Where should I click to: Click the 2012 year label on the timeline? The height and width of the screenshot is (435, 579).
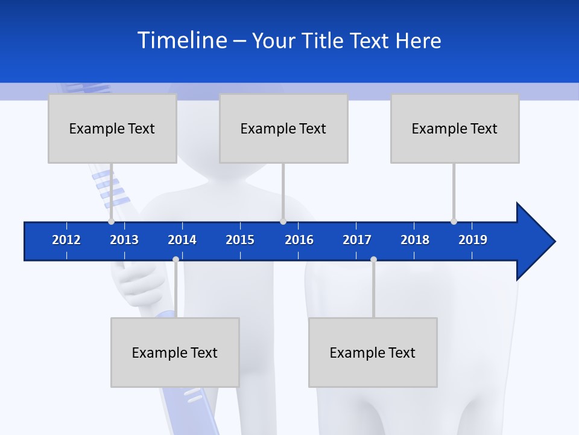tap(66, 240)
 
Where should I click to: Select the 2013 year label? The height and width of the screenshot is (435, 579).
tap(124, 240)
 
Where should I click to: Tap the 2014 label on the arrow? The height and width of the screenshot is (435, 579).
tap(182, 240)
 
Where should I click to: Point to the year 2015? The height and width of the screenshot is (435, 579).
tap(240, 240)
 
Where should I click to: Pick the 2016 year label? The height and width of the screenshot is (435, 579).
tap(299, 240)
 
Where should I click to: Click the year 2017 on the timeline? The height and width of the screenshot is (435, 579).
tap(357, 240)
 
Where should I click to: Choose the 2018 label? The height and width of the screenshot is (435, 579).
tap(415, 240)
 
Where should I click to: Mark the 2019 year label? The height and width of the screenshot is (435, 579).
tap(473, 240)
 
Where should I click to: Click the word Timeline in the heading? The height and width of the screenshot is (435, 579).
tap(182, 40)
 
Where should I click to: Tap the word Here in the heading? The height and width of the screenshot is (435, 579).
tap(418, 40)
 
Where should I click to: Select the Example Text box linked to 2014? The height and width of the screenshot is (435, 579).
tap(175, 352)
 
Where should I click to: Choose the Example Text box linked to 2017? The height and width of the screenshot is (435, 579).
tap(373, 352)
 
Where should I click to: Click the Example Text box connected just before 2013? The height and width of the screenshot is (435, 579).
tap(112, 128)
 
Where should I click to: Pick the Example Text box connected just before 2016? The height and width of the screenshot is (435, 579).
tap(283, 128)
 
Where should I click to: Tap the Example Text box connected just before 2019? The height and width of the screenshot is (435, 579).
tap(455, 128)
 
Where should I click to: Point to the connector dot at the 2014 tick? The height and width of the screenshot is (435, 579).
tap(176, 259)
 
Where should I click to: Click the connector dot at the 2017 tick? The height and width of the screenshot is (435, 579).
tap(373, 259)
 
